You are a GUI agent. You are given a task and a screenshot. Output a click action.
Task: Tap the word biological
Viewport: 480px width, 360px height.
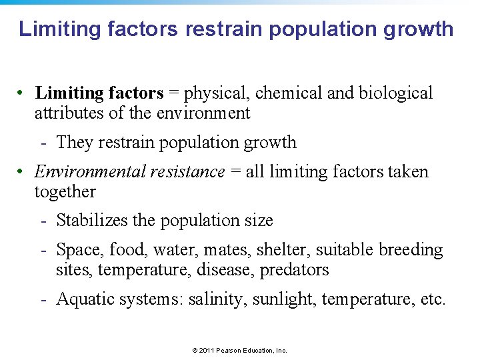[x=396, y=93]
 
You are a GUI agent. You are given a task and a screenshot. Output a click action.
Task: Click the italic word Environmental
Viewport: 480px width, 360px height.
[x=87, y=172]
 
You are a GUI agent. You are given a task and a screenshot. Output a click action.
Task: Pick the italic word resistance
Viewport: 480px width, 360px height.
[x=187, y=172]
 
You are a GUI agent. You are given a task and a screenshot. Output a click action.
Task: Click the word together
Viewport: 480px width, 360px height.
[x=65, y=192]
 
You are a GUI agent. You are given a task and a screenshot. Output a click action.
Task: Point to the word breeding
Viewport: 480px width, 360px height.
[x=411, y=250]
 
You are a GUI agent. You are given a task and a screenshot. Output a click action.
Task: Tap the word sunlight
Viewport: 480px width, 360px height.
[x=285, y=299]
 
